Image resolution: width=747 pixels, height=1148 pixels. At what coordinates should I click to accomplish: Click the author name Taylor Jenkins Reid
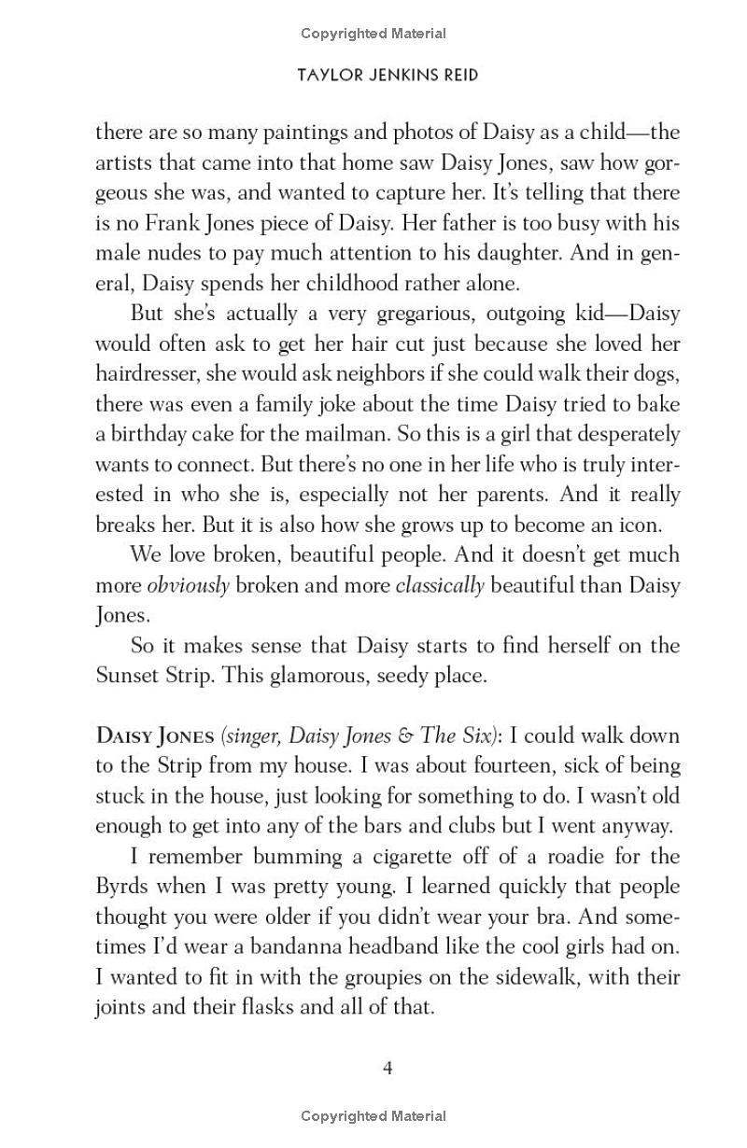388,75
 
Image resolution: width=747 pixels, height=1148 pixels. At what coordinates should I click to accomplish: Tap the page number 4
388,1068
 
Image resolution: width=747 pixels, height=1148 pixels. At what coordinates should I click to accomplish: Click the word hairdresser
152,373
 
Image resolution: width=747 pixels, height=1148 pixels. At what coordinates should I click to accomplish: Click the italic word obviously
188,586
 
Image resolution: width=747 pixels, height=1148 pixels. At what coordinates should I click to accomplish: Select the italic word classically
440,586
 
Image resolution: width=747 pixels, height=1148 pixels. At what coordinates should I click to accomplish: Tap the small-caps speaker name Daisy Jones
155,735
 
